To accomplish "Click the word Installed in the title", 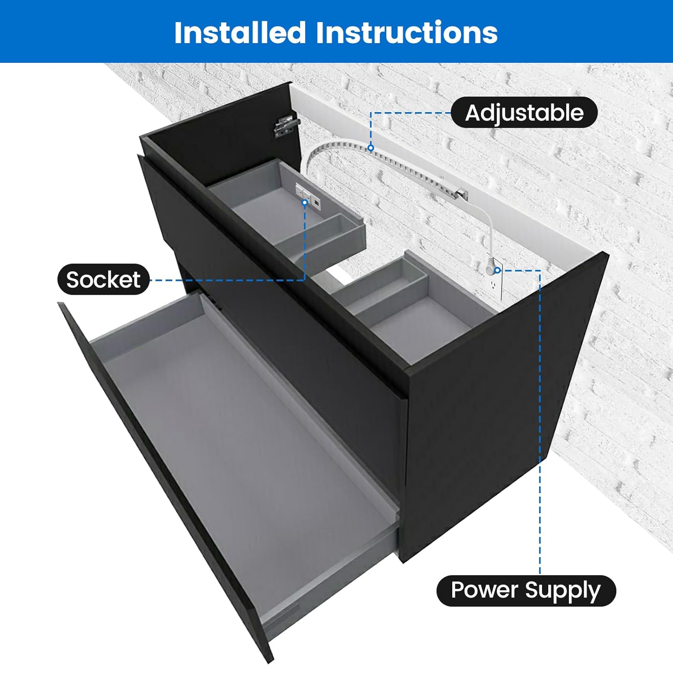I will click(240, 33).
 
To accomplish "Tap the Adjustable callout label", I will click(524, 113).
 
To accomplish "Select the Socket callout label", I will click(103, 280).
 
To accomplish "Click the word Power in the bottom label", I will click(484, 590).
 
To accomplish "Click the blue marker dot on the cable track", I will click(371, 148).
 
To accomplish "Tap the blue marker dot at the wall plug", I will click(497, 270).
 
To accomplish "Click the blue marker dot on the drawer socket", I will click(305, 203).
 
